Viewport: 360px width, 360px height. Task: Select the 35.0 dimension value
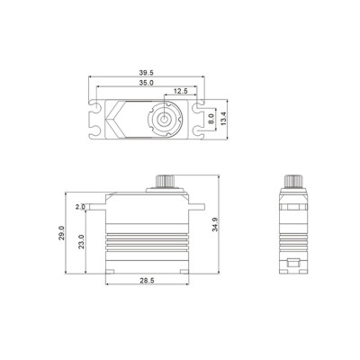[146, 84]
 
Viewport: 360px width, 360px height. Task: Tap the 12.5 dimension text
[181, 91]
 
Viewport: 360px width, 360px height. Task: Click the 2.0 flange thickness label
[80, 206]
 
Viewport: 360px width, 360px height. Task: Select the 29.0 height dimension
[61, 231]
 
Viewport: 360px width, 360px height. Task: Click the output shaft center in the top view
[166, 118]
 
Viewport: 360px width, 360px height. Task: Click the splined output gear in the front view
[167, 182]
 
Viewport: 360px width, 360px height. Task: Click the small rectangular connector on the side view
[295, 265]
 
